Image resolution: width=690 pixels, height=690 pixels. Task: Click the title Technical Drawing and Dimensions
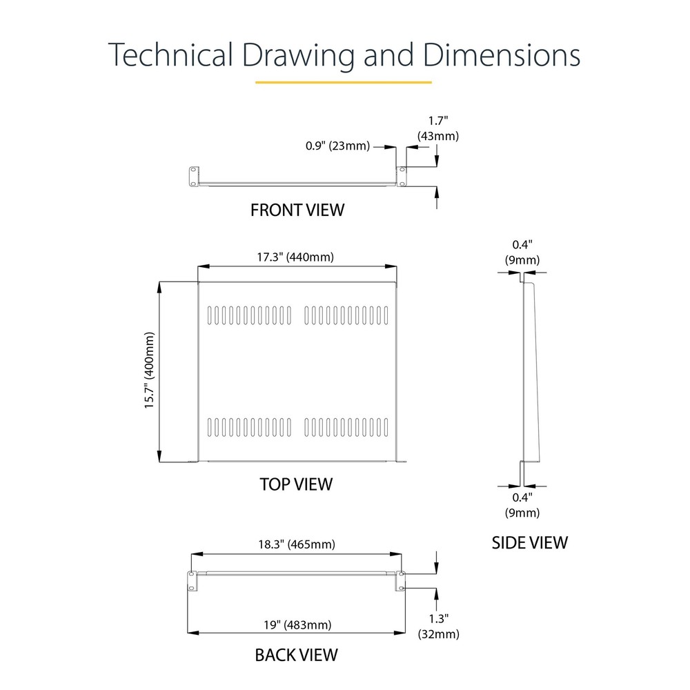[344, 55]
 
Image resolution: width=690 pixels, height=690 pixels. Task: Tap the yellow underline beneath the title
[343, 82]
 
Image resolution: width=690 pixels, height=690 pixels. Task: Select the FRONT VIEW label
[297, 210]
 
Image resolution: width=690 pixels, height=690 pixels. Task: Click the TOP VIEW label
[296, 484]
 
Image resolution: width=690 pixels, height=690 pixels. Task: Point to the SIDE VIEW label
[529, 542]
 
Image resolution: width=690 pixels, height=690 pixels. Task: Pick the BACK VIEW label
[297, 654]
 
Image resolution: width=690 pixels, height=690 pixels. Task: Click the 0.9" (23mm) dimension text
[337, 146]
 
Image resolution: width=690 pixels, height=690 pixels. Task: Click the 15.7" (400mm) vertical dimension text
[149, 371]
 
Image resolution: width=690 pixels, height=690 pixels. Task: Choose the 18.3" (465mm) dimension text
[296, 544]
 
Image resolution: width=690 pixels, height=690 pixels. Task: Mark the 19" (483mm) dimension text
[297, 625]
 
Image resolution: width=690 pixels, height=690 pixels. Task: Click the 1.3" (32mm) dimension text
[439, 627]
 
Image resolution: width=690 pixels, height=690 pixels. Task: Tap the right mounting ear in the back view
[401, 581]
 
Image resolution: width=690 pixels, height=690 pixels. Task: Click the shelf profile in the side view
[531, 373]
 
